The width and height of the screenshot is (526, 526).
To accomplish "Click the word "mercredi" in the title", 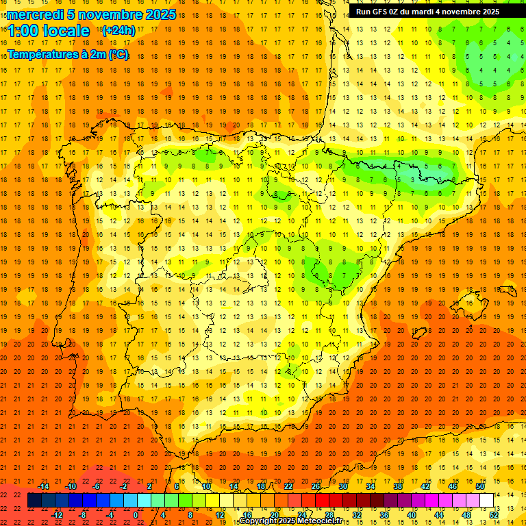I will point(36,14).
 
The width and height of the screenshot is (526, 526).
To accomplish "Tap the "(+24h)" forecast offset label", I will point(118,31).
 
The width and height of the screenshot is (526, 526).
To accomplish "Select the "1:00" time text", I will point(23,31).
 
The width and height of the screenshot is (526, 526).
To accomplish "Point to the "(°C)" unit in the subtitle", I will point(117,54).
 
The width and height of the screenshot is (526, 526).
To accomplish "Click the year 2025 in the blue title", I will point(158,14).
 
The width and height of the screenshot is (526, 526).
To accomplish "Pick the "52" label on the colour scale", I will point(494,515).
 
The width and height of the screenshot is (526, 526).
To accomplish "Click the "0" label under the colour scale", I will point(136,515).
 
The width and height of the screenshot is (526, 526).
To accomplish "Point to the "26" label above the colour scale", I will point(316,486).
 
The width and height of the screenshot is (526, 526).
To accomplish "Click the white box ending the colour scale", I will point(487,501).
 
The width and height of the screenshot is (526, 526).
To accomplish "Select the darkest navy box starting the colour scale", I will point(34,501).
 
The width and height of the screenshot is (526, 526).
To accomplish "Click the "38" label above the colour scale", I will point(398,486).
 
